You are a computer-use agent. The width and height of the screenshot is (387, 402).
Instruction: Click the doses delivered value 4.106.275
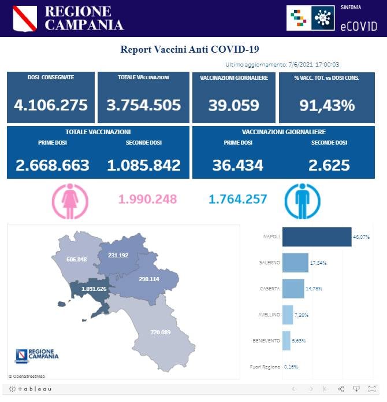pyautogui.click(x=51, y=105)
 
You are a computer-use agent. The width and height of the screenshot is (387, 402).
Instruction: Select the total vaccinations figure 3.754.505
pyautogui.click(x=144, y=105)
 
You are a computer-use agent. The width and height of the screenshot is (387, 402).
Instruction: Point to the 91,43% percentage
pyautogui.click(x=327, y=105)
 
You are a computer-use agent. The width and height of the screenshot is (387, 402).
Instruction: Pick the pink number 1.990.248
pyautogui.click(x=147, y=199)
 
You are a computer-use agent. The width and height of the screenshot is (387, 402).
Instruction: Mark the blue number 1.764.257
pyautogui.click(x=237, y=199)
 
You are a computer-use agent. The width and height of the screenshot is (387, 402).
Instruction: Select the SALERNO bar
pyautogui.click(x=295, y=263)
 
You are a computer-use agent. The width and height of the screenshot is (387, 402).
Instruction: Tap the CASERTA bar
pyautogui.click(x=293, y=288)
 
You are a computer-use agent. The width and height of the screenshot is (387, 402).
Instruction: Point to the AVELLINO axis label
pyautogui.click(x=270, y=314)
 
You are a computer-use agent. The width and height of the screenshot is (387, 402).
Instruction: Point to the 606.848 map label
pyautogui.click(x=76, y=259)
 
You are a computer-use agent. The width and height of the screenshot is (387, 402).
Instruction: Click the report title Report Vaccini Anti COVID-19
pyautogui.click(x=193, y=49)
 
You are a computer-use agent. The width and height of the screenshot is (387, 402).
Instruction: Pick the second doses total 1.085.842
pyautogui.click(x=144, y=165)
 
